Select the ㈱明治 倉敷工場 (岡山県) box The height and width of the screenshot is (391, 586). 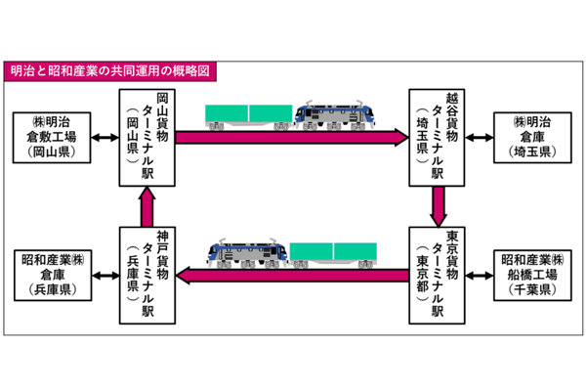tap(53, 137)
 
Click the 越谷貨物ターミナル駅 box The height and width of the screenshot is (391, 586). tap(437, 137)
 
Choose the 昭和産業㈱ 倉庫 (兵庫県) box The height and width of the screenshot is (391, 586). tap(53, 276)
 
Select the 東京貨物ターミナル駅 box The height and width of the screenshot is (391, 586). tap(437, 276)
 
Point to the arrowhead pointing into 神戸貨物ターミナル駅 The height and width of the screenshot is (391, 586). tap(187, 278)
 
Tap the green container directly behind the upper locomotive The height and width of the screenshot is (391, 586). tap(271, 113)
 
